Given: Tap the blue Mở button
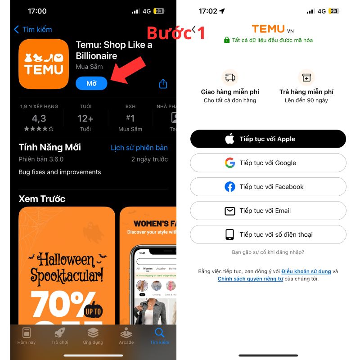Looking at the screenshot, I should click(91, 83).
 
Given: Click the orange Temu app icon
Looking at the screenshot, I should click(44, 64).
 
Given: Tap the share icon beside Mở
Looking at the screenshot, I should click(163, 84).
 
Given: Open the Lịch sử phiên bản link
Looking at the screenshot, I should click(139, 148).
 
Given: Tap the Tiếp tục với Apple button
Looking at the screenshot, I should click(268, 139).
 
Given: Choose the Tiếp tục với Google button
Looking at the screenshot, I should click(268, 163).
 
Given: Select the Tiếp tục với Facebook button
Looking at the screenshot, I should click(268, 187).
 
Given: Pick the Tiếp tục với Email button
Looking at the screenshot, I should click(268, 211).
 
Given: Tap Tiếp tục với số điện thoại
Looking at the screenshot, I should click(268, 234).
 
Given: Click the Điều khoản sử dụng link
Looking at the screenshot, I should click(306, 271).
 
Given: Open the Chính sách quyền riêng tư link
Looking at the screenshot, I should click(250, 279).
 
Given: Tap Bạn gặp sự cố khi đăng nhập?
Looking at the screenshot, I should click(268, 252).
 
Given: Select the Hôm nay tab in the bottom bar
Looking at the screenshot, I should click(27, 336).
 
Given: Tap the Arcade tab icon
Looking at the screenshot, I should click(126, 333).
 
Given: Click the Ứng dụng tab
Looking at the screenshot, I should click(93, 336).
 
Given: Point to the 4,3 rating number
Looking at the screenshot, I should click(39, 119).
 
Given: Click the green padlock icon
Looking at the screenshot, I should click(227, 40).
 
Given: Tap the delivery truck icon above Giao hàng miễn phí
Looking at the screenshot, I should click(230, 77).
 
